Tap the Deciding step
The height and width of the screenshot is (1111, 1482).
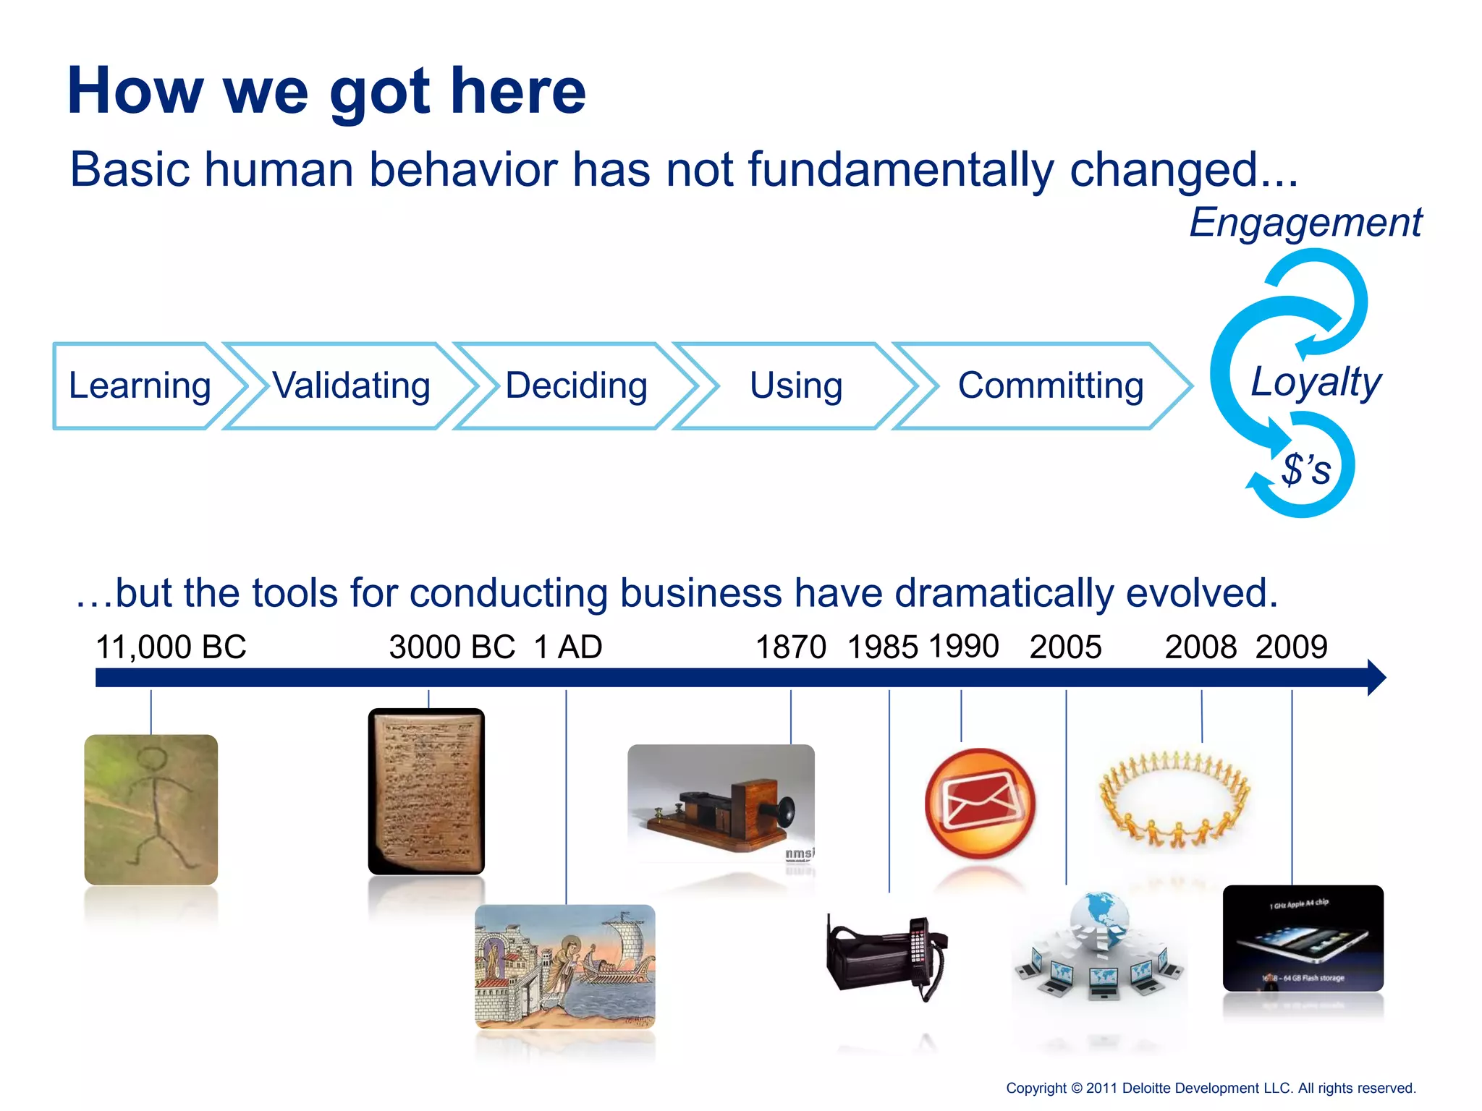(x=576, y=386)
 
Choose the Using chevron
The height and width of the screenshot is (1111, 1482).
(x=796, y=386)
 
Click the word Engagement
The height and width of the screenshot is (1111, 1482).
(x=1305, y=223)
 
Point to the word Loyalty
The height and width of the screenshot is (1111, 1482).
(x=1316, y=382)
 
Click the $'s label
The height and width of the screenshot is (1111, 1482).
(x=1306, y=469)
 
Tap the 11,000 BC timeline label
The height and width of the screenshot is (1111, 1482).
(x=171, y=647)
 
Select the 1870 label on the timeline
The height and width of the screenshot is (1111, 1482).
(x=790, y=647)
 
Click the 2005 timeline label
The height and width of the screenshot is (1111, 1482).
(x=1065, y=647)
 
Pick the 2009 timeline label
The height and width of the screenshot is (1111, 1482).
(x=1291, y=647)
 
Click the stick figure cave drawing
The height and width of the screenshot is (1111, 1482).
(x=151, y=809)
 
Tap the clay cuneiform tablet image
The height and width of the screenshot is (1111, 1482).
(x=426, y=791)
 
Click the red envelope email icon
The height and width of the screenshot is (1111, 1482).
(x=980, y=804)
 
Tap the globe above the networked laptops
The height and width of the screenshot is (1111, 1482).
(x=1098, y=914)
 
